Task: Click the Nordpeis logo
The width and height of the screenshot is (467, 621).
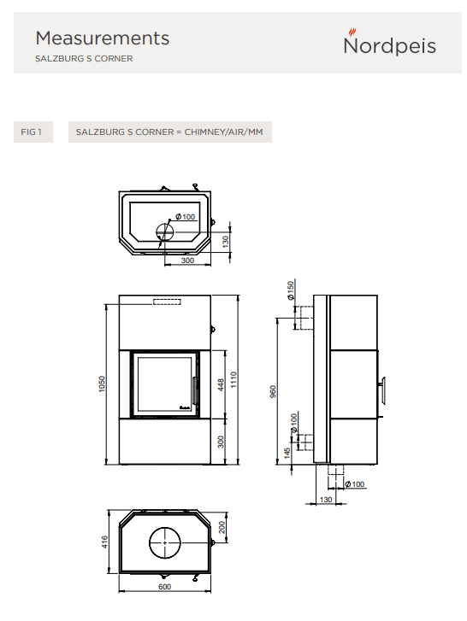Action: point(390,43)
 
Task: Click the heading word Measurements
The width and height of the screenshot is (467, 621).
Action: point(103,38)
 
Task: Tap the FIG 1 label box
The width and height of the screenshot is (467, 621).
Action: point(33,132)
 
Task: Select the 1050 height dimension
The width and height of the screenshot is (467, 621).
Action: point(102,384)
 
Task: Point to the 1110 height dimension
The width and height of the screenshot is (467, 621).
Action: point(233,379)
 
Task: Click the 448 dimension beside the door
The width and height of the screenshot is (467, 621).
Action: point(221,384)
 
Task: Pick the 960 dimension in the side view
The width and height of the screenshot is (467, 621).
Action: point(273,391)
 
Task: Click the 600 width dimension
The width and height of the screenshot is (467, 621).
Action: point(164,587)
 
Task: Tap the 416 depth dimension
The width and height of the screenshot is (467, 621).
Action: point(104,542)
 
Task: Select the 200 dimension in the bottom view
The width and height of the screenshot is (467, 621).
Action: point(222,527)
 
